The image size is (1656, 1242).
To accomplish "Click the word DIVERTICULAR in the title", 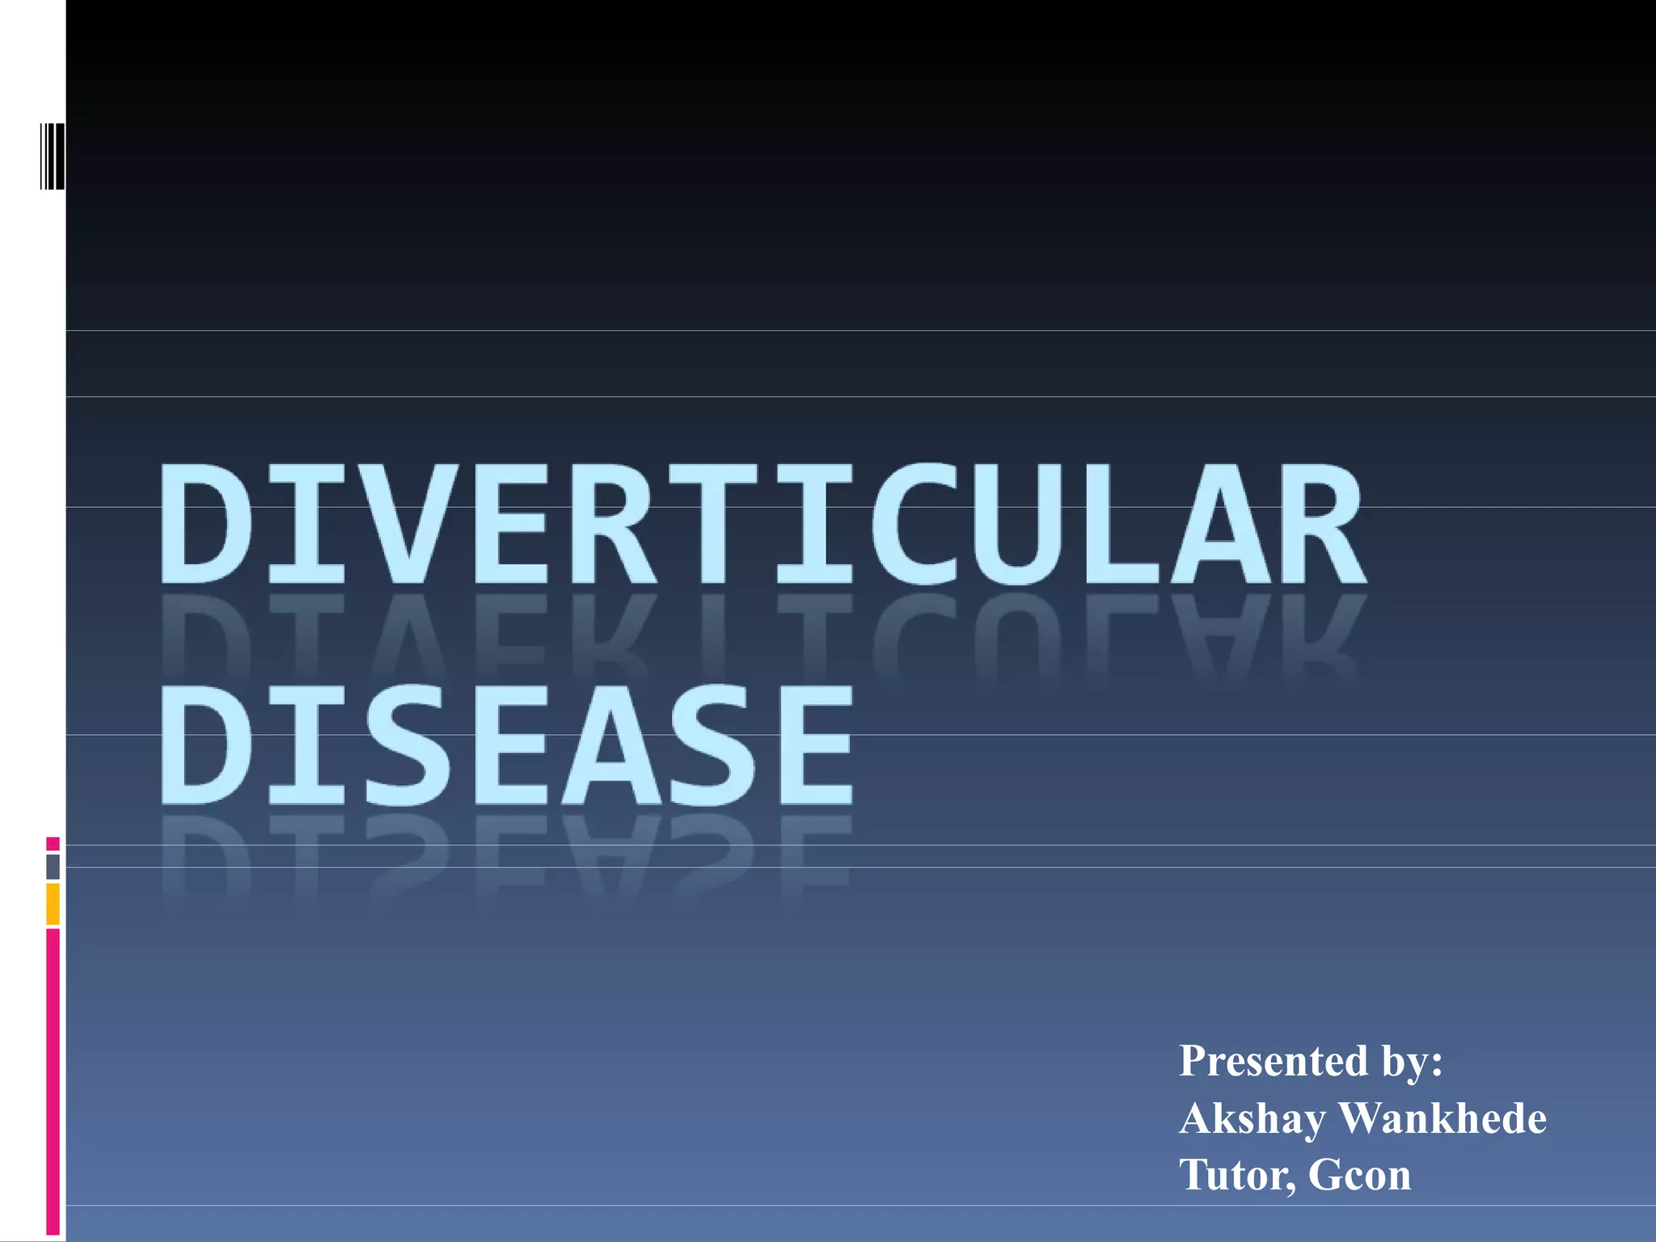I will (x=762, y=524).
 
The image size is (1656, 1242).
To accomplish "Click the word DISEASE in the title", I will (x=507, y=746).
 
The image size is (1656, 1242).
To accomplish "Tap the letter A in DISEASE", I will (x=612, y=746).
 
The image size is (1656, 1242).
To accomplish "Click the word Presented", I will (x=1274, y=1061).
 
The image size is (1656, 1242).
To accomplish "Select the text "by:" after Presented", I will (x=1412, y=1061).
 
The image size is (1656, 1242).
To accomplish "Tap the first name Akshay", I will (x=1252, y=1120).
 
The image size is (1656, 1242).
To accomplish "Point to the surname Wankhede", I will (x=1443, y=1118).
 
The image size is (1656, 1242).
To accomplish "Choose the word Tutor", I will (x=1237, y=1175).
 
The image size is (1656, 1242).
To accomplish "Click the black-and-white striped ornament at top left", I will (x=53, y=156).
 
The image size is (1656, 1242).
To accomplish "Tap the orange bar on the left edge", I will (x=53, y=904).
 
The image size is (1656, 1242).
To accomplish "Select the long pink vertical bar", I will (x=53, y=1082).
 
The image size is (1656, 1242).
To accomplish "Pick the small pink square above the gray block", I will (x=53, y=844).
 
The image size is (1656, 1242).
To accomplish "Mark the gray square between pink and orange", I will (x=53, y=867).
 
